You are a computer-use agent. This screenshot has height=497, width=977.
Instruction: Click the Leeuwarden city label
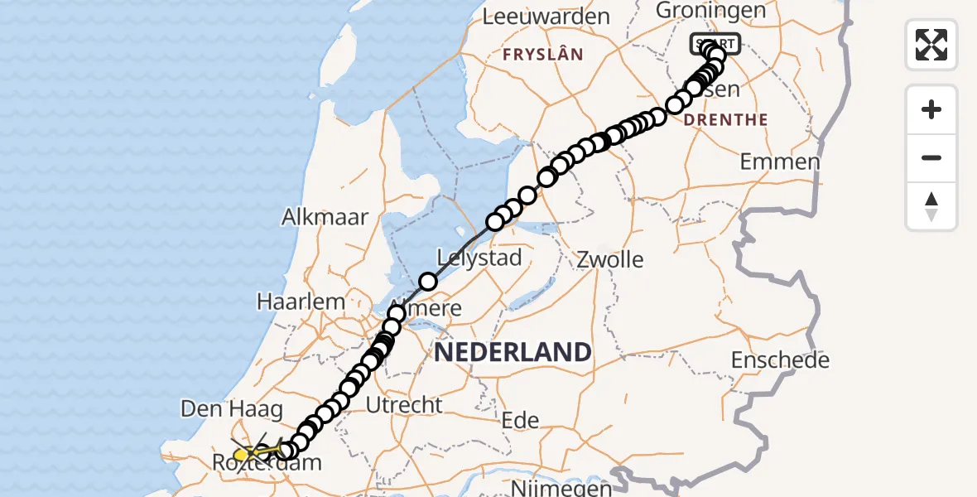(546, 17)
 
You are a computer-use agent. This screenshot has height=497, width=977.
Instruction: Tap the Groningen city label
(699, 10)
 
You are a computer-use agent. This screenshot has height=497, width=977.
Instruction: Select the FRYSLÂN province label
(542, 55)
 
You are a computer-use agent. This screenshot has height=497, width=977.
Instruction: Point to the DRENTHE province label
(726, 119)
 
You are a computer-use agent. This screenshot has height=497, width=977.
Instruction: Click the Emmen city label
(780, 162)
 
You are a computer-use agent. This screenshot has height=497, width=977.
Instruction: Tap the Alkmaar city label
(325, 217)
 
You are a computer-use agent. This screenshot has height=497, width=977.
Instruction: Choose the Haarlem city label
(301, 302)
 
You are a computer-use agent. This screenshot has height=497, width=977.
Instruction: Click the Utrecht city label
(404, 405)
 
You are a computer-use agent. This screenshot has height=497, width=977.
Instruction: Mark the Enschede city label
(781, 360)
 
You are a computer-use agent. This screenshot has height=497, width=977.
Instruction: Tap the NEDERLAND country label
(513, 352)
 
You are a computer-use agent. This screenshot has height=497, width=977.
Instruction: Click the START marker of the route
(715, 43)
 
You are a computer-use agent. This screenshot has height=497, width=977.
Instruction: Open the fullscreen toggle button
(931, 44)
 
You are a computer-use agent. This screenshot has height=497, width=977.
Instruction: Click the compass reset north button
(931, 206)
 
